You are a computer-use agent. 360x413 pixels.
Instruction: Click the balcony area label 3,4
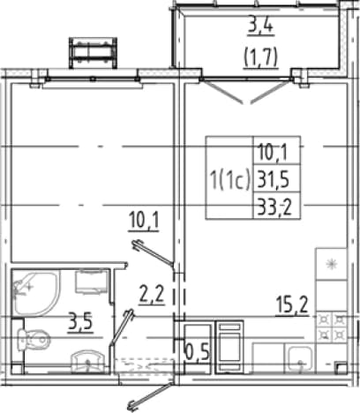tap(260, 26)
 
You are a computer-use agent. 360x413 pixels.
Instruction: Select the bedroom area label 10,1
tap(144, 222)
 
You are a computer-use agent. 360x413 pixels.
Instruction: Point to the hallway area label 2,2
tap(152, 295)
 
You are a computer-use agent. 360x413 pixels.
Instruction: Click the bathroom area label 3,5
tap(80, 322)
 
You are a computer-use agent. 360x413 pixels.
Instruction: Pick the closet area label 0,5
tap(198, 352)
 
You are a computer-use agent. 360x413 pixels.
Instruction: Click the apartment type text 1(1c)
tap(229, 178)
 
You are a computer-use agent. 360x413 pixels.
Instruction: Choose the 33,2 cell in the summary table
tap(274, 207)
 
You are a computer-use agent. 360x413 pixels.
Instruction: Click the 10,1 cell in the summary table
tap(273, 152)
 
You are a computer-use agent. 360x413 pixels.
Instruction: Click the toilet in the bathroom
tap(34, 340)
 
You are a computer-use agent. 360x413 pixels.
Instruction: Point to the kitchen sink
tap(299, 358)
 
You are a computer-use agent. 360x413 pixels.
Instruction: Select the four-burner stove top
tap(332, 327)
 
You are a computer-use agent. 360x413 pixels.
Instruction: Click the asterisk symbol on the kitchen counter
tap(332, 264)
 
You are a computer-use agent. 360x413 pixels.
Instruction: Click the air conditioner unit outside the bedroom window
tap(93, 53)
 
